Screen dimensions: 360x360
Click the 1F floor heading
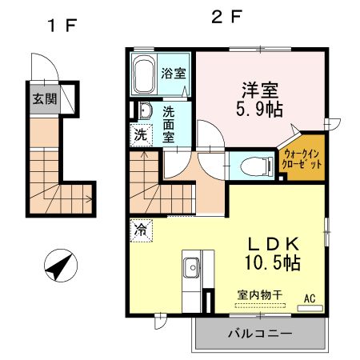60,25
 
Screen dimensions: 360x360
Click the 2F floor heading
226,16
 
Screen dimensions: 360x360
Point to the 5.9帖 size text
262,110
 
